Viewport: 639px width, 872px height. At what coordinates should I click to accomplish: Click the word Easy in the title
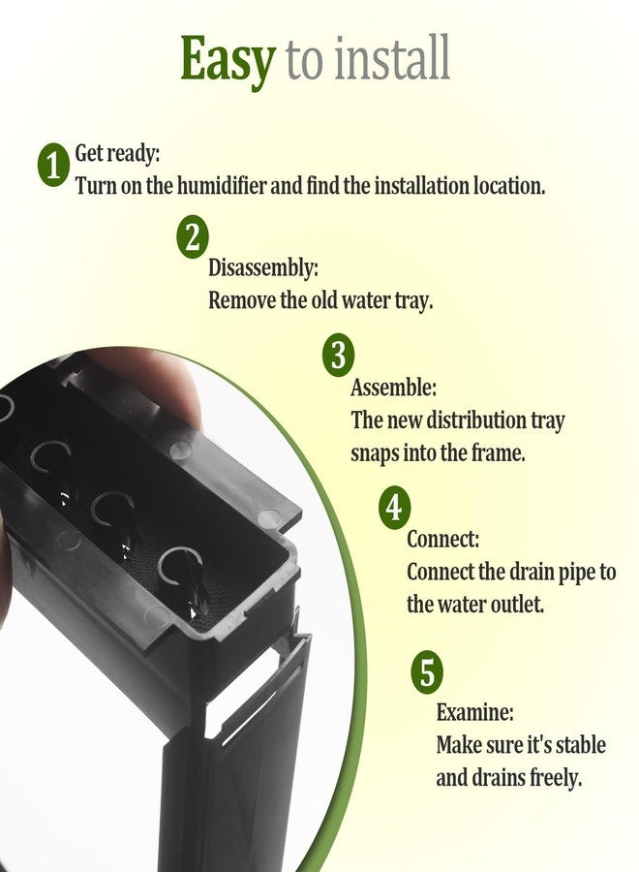click(x=228, y=60)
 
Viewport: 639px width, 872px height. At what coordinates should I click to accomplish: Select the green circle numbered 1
click(x=53, y=165)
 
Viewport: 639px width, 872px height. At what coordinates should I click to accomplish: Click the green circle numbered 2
click(x=193, y=237)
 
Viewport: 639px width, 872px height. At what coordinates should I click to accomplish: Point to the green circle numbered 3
click(x=339, y=355)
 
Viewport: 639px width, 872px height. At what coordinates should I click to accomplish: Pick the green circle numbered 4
click(x=394, y=508)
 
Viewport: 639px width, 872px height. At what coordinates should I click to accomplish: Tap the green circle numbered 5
click(x=427, y=671)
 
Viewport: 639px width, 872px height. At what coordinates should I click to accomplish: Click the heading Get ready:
click(x=117, y=153)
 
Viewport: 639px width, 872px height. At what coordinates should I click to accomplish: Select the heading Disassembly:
click(x=263, y=268)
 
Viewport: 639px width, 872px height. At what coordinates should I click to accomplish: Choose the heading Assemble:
click(x=393, y=388)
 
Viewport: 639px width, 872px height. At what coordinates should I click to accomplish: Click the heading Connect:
click(x=442, y=539)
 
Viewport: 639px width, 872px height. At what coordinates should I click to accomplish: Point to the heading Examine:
click(x=474, y=712)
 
